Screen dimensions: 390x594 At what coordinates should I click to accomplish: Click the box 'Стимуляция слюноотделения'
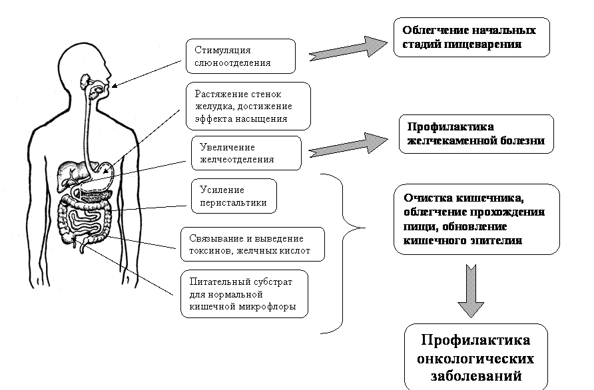click(240, 56)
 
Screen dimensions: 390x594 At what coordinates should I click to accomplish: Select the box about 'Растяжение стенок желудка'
click(247, 106)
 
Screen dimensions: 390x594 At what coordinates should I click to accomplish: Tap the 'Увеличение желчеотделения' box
click(246, 153)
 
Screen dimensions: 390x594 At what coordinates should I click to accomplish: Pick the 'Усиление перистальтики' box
click(233, 196)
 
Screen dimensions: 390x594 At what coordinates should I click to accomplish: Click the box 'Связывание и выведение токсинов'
click(252, 245)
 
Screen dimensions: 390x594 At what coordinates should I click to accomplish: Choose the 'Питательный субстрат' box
click(244, 293)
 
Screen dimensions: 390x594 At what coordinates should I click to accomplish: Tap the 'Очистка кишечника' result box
click(476, 219)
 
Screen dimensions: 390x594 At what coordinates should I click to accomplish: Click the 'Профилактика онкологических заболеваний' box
click(475, 358)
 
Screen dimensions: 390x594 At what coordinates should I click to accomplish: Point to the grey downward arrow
click(471, 290)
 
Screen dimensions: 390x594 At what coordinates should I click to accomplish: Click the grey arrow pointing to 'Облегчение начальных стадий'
click(348, 50)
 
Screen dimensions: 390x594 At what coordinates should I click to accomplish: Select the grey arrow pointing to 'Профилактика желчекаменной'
click(348, 142)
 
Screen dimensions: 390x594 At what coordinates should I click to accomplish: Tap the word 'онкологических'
click(475, 359)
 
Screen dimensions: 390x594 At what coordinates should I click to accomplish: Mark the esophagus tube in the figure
click(85, 126)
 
